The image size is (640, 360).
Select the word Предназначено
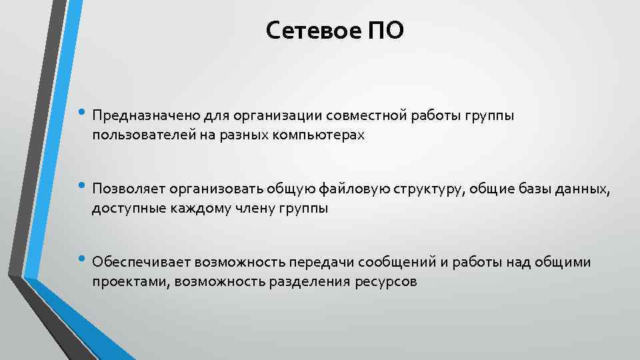point(141,116)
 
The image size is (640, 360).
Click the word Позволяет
point(129,189)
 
